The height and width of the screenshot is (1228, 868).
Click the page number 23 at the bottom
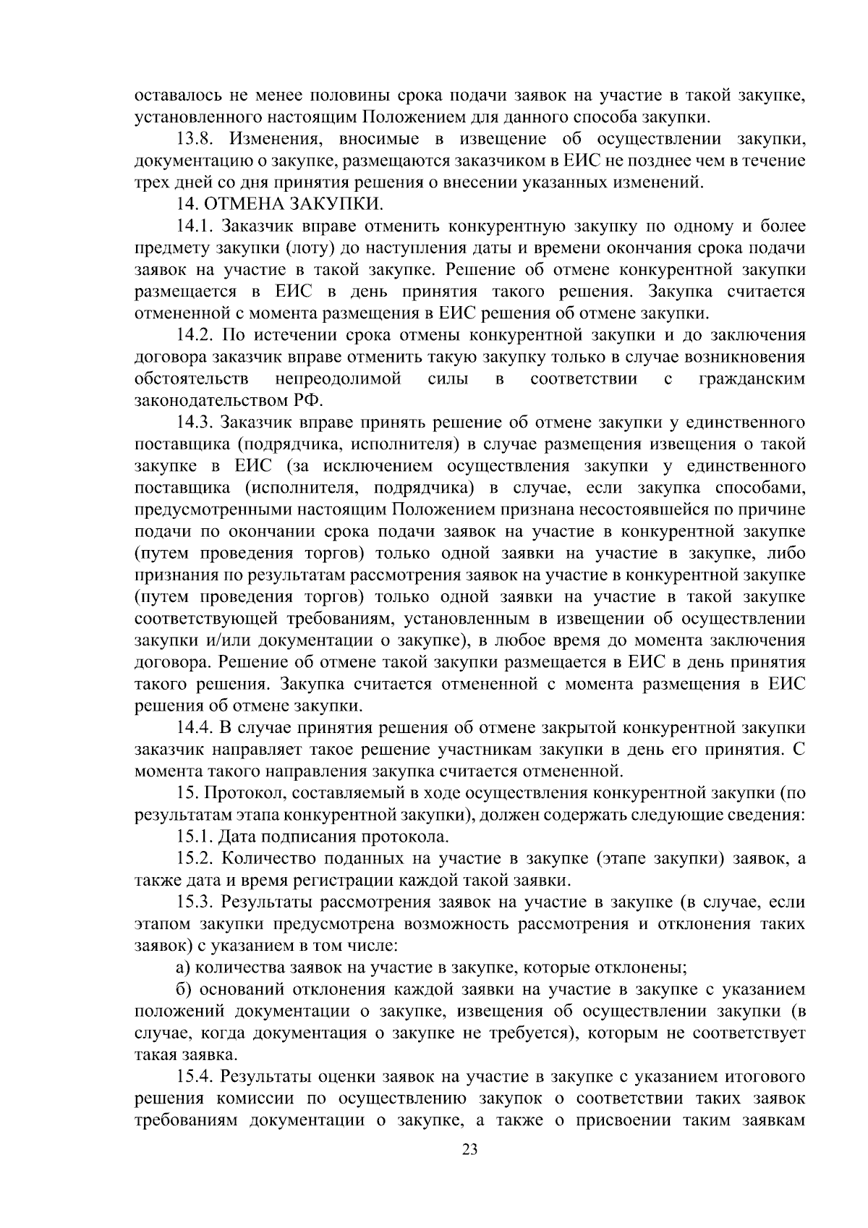pos(470,1150)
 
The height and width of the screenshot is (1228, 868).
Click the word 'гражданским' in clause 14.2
pos(752,378)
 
